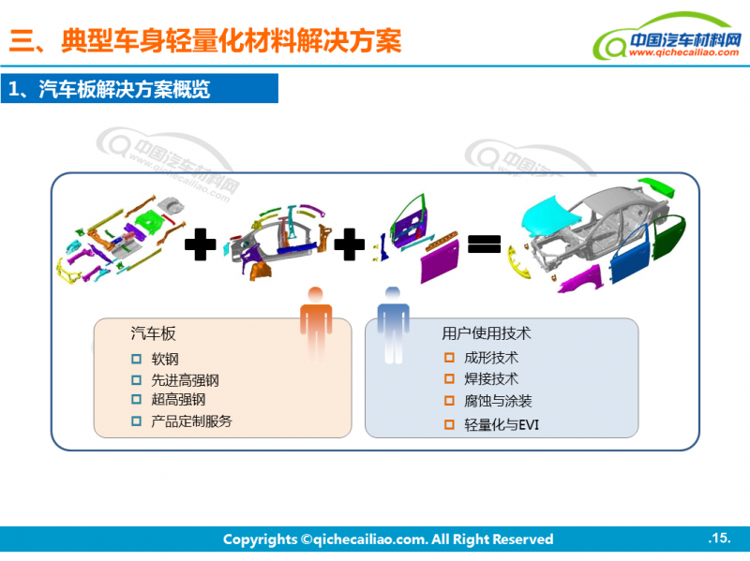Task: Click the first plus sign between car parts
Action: coord(200,245)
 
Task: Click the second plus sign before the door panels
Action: coord(349,245)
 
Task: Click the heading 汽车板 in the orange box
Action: coord(153,333)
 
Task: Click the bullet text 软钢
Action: coord(165,359)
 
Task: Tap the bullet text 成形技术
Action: coord(490,358)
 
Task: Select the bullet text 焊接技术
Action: coord(490,379)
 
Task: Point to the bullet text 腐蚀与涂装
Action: coord(498,401)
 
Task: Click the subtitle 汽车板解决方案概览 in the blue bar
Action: coord(124,90)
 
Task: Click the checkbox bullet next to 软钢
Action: coord(137,359)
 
